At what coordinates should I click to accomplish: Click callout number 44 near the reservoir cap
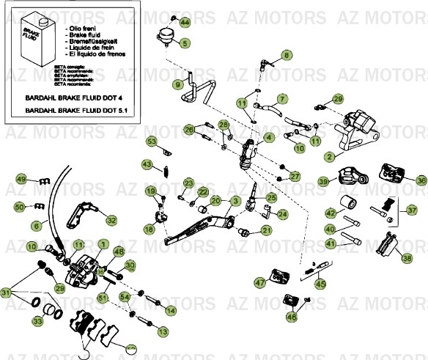pyautogui.click(x=184, y=23)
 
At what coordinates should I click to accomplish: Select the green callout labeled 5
pyautogui.click(x=185, y=44)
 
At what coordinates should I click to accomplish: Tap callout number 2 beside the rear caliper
pyautogui.click(x=330, y=156)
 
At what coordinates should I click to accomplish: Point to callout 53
pyautogui.click(x=152, y=142)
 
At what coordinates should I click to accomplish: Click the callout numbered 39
pyautogui.click(x=323, y=181)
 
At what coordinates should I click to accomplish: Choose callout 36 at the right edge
pyautogui.click(x=421, y=180)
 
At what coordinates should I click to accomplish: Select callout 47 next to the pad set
pyautogui.click(x=259, y=282)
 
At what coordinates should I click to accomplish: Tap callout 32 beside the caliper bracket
pyautogui.click(x=111, y=219)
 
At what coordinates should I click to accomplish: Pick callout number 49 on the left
pyautogui.click(x=22, y=180)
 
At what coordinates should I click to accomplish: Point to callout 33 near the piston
pyautogui.click(x=37, y=320)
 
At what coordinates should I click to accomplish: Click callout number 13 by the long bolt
pyautogui.click(x=162, y=332)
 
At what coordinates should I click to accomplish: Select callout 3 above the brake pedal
pyautogui.click(x=235, y=200)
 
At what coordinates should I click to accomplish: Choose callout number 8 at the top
pyautogui.click(x=287, y=55)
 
